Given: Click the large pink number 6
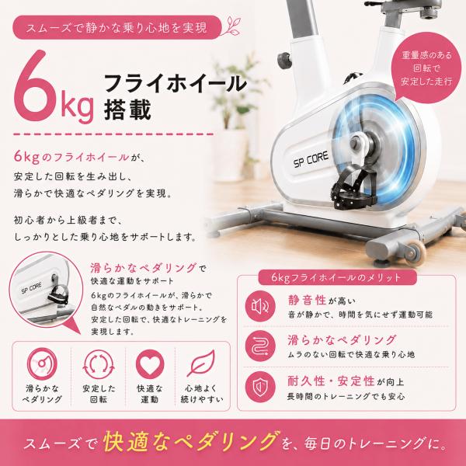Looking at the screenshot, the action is tap(35, 86).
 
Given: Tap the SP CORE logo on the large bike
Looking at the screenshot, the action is tap(311, 159).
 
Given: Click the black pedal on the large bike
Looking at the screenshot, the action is tap(353, 187).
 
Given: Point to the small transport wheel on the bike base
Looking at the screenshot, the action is tap(416, 252).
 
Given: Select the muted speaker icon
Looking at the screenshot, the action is tap(260, 306).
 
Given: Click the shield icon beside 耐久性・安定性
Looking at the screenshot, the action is tap(260, 386).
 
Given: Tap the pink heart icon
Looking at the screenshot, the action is tap(150, 364).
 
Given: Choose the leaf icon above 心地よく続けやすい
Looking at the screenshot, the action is tap(201, 363).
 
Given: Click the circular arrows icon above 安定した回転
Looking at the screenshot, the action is tap(99, 364).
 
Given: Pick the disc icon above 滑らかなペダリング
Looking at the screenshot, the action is tap(42, 363).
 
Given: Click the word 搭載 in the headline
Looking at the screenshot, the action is tap(127, 109).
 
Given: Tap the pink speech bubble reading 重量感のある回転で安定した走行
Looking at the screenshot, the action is tap(426, 69).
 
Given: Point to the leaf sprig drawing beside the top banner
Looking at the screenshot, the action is tap(231, 26).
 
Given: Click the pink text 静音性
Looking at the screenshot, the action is tap(307, 300).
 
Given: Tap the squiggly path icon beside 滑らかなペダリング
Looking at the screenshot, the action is tap(260, 346).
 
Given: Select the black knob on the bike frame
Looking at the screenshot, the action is tap(284, 60).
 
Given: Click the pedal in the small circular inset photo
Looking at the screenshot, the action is tap(58, 294).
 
